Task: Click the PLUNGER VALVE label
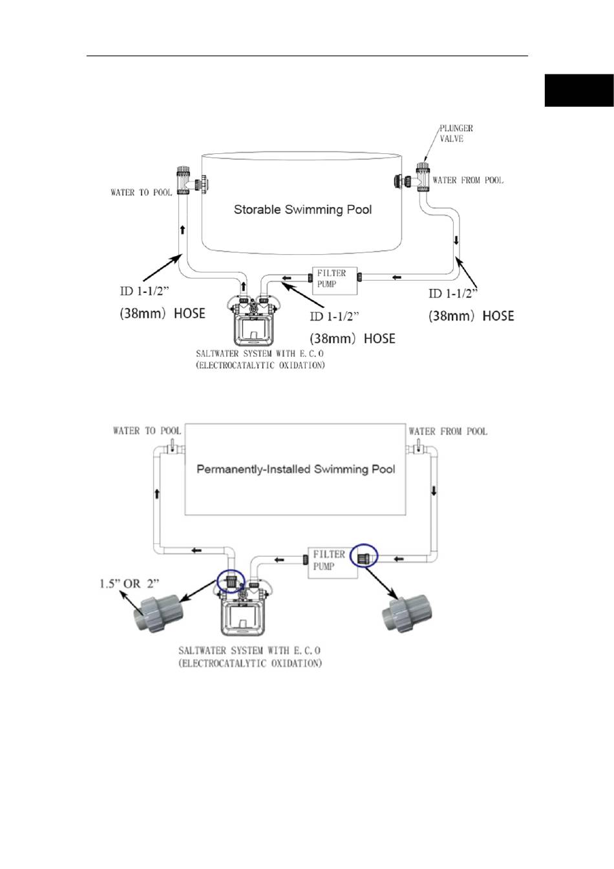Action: pos(456,133)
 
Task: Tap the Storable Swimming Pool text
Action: pos(302,209)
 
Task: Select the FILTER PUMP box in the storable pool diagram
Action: pos(335,281)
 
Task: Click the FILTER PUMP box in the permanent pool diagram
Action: pos(332,563)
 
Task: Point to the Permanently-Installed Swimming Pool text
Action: pos(295,469)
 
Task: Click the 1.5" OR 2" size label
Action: pos(129,583)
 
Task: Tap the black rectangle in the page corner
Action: pos(578,91)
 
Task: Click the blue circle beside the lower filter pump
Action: pos(364,555)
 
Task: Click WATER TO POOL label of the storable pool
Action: pos(141,193)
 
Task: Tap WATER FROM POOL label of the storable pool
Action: pos(468,180)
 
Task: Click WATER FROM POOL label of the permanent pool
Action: pos(448,431)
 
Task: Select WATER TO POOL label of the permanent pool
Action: pos(147,431)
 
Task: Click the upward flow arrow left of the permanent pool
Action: pos(157,493)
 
